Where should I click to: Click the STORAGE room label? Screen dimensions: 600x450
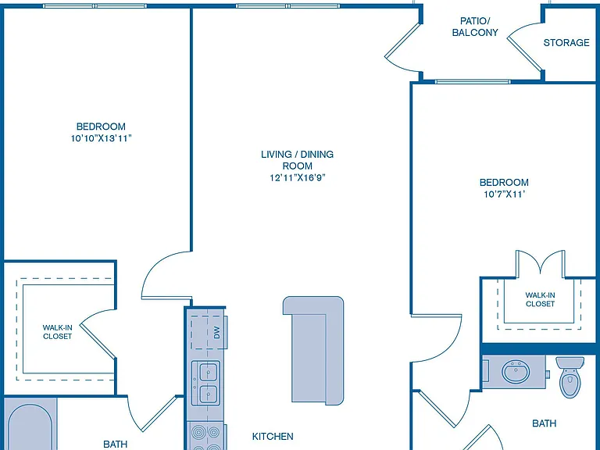[x=566, y=42]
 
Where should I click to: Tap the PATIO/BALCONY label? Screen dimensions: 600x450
[x=475, y=27]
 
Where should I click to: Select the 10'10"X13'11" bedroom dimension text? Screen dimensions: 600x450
[x=101, y=138]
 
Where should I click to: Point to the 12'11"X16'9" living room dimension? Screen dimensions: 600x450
[x=298, y=177]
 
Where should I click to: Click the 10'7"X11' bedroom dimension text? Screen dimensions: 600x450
[x=504, y=194]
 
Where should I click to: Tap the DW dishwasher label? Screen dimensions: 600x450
[x=217, y=332]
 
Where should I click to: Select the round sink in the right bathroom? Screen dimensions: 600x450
[x=516, y=371]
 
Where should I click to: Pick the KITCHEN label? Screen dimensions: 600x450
[x=273, y=436]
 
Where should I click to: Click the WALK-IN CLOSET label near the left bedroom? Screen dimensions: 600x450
[x=57, y=332]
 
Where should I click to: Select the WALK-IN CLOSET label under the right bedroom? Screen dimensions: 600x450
[x=540, y=299]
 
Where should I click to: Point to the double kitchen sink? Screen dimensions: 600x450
[x=206, y=383]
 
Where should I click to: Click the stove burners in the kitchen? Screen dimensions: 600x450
[x=206, y=436]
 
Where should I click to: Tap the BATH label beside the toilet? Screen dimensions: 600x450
[x=544, y=423]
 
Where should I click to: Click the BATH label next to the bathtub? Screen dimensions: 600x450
[x=115, y=444]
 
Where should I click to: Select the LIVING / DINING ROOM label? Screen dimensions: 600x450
[x=298, y=160]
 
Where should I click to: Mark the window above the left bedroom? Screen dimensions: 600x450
[x=95, y=5]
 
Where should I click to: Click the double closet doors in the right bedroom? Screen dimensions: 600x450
[x=540, y=264]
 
